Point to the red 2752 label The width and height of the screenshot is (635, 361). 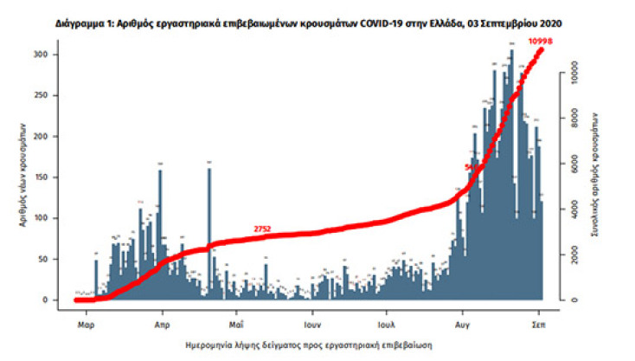coord(263,229)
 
